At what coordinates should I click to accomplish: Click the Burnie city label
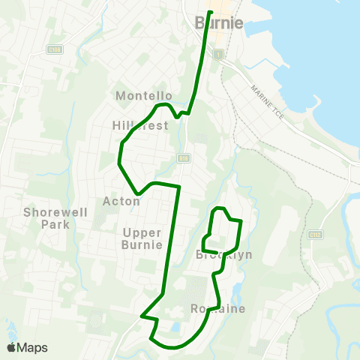219,22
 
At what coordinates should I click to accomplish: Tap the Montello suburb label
144,96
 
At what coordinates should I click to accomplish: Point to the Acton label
121,201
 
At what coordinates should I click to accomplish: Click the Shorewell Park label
56,218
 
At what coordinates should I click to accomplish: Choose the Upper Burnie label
142,238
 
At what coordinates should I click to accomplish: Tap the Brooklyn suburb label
223,255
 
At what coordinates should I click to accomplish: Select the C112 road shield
315,234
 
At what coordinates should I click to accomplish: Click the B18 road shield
182,157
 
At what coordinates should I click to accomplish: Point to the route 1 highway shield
218,55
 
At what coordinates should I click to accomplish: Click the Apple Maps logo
27,347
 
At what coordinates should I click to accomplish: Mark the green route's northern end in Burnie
210,13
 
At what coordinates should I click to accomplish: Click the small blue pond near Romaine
174,328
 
